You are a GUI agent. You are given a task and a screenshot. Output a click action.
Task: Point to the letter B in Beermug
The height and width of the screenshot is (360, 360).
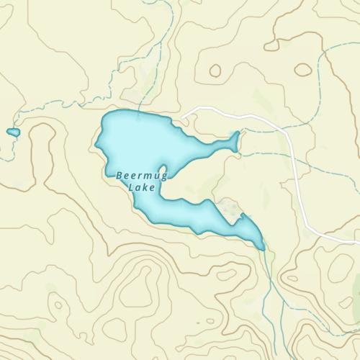coord(119,175)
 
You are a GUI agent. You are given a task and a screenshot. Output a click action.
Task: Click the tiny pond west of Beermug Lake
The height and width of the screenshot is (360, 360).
coord(13,132)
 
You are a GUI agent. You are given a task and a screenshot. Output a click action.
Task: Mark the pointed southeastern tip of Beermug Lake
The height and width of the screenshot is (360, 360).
coord(263,248)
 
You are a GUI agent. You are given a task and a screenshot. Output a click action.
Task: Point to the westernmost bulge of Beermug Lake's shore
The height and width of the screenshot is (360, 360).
coord(96,144)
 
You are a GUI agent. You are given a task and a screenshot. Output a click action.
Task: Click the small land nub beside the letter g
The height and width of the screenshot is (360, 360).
coord(163,171)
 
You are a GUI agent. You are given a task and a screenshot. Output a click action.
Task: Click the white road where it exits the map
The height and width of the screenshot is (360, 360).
coord(357,240)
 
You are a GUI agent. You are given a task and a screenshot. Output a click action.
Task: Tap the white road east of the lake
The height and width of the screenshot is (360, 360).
coord(297,173)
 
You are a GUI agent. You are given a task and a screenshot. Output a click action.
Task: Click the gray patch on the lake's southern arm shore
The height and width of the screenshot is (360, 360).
coord(230,209)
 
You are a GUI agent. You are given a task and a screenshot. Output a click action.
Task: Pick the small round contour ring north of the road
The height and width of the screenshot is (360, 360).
coord(215,71)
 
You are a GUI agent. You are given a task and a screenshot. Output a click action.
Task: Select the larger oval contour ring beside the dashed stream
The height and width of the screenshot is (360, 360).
coord(303,70)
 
